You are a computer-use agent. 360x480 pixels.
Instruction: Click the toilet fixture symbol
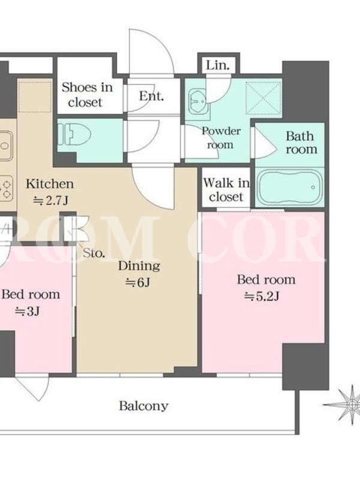tap(75, 134)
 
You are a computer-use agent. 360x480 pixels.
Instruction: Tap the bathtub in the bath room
tap(289, 187)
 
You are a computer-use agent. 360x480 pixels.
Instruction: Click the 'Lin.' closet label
tap(218, 65)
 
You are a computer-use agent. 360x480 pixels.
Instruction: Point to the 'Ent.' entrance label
tap(152, 96)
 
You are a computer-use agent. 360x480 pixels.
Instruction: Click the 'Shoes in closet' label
tap(87, 95)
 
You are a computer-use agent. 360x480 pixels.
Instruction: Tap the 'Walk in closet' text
tap(226, 190)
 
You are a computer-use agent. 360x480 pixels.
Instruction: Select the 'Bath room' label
tap(301, 143)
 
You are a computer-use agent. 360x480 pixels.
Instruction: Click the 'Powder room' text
tap(221, 138)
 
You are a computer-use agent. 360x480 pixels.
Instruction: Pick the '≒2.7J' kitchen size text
tap(50, 200)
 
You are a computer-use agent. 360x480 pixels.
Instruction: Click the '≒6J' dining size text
tap(138, 283)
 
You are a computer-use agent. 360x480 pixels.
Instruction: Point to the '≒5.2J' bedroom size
tap(262, 296)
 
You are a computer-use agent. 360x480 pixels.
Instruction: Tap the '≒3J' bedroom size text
tap(27, 311)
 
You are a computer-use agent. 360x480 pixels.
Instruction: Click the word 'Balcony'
tap(143, 406)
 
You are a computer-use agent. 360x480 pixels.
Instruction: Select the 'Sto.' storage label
tap(94, 253)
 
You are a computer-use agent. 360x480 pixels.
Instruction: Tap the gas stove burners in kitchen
tap(6, 189)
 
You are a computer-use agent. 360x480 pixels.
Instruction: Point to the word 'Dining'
tap(139, 266)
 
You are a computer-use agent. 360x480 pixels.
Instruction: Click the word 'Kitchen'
tap(50, 184)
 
